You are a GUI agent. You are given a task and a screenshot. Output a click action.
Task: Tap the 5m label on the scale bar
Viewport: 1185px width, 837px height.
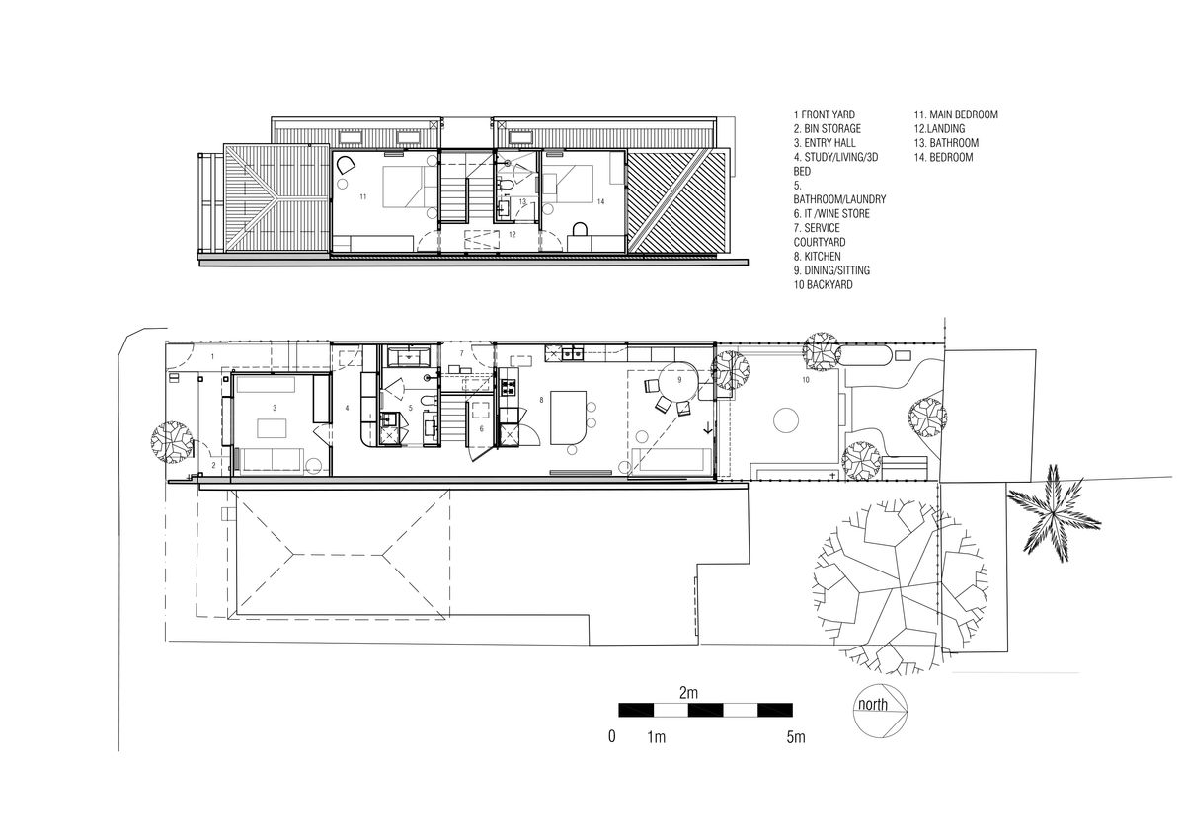point(796,737)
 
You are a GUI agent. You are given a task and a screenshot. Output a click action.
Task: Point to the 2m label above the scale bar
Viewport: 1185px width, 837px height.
point(689,692)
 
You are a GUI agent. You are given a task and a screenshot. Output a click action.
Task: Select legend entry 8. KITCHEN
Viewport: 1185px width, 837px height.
point(817,257)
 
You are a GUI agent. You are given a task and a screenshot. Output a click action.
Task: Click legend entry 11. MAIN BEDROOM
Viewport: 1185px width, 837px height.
point(956,114)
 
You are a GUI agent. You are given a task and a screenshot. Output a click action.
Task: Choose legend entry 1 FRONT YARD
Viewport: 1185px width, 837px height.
point(825,114)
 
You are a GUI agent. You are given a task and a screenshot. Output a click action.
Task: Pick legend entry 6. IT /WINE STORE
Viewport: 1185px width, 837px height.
point(831,214)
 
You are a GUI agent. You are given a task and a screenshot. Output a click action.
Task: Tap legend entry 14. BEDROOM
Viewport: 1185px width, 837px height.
point(943,157)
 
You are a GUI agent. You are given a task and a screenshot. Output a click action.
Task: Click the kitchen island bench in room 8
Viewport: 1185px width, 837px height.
point(568,418)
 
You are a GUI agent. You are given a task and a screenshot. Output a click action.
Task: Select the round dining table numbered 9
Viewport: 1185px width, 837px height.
point(679,381)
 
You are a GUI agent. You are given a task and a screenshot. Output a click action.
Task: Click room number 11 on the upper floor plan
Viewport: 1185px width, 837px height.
point(363,197)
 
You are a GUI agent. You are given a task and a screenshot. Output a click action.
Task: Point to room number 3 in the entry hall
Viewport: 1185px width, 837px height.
point(275,408)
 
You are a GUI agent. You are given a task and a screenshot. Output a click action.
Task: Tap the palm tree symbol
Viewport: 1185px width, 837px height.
point(1053,512)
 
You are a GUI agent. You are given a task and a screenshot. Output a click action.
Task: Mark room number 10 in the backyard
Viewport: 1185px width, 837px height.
point(806,380)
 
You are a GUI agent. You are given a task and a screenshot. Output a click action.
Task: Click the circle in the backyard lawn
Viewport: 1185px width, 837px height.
point(786,420)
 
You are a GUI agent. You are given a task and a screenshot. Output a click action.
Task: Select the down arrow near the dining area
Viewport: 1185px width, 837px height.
point(708,428)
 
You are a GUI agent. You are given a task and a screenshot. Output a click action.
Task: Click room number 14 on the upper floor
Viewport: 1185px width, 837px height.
point(600,201)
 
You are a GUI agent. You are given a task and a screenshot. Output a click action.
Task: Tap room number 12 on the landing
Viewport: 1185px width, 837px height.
point(513,234)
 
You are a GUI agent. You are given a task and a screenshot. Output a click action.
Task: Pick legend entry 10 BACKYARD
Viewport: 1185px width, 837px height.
point(824,285)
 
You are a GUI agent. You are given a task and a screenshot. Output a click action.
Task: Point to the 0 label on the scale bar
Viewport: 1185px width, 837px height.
point(612,736)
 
